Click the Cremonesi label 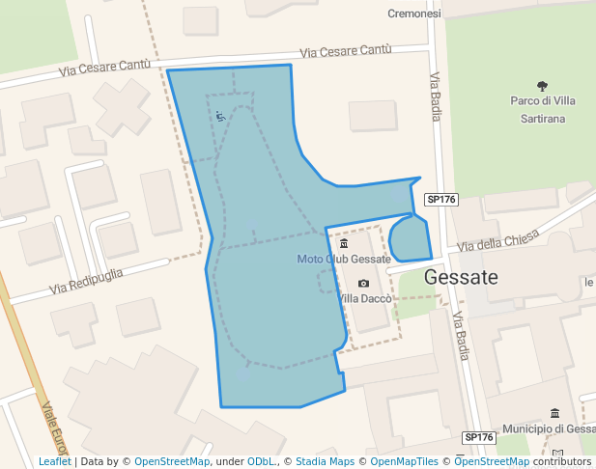(x=413, y=14)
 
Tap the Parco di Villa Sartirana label (x=544, y=109)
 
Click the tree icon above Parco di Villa (x=543, y=85)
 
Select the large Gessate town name (x=461, y=278)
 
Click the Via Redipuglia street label (x=87, y=281)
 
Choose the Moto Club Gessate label (x=343, y=260)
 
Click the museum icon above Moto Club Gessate (x=344, y=244)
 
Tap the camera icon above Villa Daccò (x=363, y=283)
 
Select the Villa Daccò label (x=364, y=299)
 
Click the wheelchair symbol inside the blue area (x=220, y=117)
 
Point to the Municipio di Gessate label (x=548, y=428)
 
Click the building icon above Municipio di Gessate (x=554, y=413)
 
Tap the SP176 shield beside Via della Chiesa (x=440, y=199)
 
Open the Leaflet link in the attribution (x=54, y=462)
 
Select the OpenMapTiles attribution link (x=404, y=462)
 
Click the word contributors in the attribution (x=561, y=462)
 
